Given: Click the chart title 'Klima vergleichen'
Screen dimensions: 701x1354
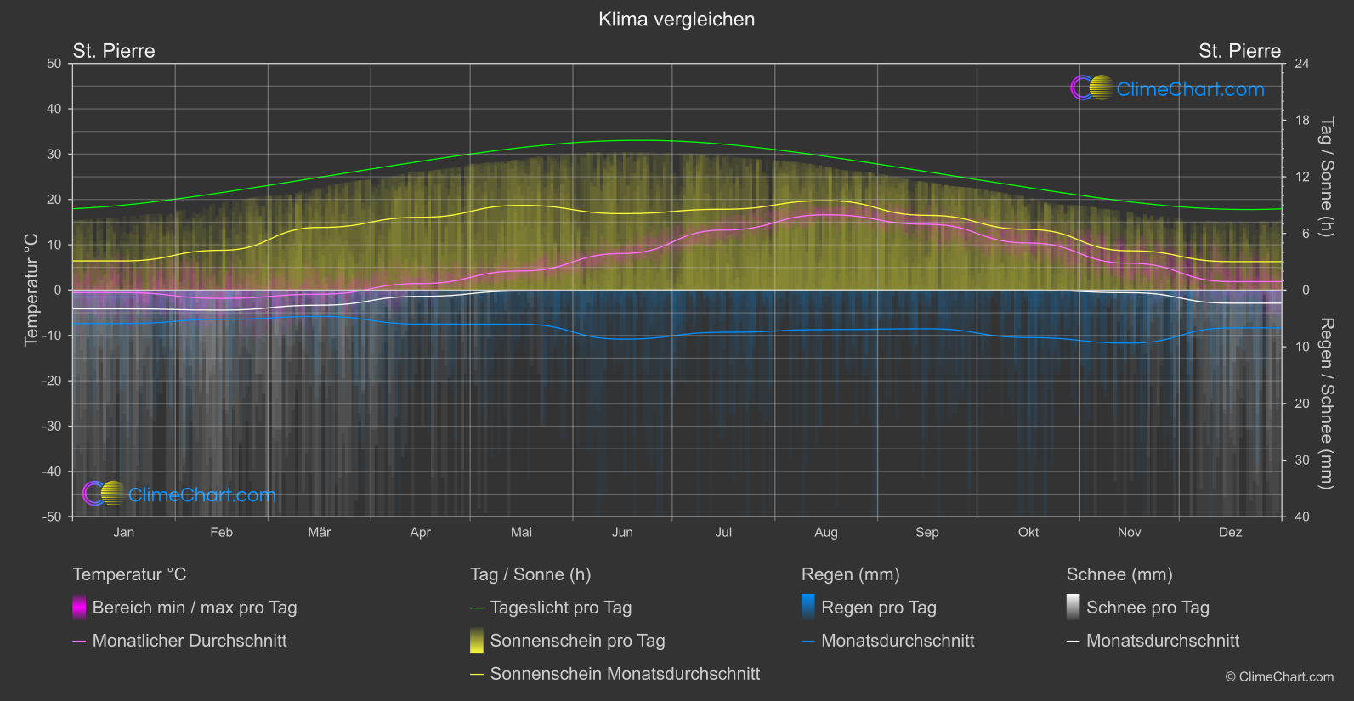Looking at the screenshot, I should click(677, 20).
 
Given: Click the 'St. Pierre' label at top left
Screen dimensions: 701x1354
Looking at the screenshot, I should click(114, 51).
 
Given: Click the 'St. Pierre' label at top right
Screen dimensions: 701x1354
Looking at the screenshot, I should click(1239, 51).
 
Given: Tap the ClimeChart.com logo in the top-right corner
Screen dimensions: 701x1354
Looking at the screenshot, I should click(1167, 88).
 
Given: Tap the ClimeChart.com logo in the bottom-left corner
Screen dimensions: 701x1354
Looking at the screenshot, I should click(179, 495).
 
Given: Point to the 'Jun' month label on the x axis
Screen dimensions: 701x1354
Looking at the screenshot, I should click(622, 533).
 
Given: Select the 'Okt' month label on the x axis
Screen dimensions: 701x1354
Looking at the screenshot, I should click(1028, 533).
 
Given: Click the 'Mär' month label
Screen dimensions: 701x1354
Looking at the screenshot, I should click(319, 533).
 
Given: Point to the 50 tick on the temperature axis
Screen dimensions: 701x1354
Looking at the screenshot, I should click(54, 64).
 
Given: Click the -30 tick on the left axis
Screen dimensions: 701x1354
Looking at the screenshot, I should click(53, 427).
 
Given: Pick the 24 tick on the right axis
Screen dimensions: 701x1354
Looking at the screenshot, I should click(1302, 64).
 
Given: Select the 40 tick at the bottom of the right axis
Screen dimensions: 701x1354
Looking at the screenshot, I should click(1302, 517).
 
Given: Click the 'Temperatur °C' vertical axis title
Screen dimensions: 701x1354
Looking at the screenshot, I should click(31, 290).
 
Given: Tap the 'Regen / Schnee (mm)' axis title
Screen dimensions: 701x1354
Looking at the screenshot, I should click(1326, 404).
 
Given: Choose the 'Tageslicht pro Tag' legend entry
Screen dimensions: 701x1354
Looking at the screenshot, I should click(560, 608).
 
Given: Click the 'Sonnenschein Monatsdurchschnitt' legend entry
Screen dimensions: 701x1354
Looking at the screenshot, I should click(625, 674).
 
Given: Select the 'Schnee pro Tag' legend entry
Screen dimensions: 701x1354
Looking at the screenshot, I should click(1147, 608).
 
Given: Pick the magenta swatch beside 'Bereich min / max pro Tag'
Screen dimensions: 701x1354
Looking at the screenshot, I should click(79, 608).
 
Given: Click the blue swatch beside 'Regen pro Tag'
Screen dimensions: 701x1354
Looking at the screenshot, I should click(808, 608).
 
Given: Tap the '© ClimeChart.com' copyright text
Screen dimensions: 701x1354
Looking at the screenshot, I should click(1279, 677).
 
